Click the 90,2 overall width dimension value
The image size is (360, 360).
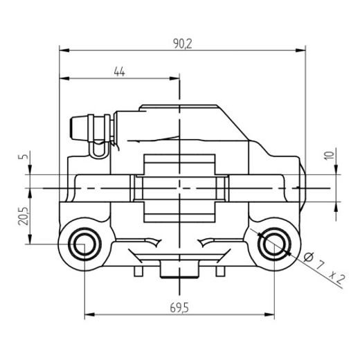tap(183, 43)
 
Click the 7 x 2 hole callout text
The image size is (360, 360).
tap(328, 272)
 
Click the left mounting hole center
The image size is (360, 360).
tap(84, 243)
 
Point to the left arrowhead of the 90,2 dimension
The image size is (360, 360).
tap(63, 51)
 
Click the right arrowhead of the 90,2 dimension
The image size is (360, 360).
tap(301, 51)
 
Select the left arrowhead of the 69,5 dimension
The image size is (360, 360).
tap(88, 315)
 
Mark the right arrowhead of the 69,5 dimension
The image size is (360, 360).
tap(268, 315)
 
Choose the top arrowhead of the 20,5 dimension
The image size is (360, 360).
tap(30, 192)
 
